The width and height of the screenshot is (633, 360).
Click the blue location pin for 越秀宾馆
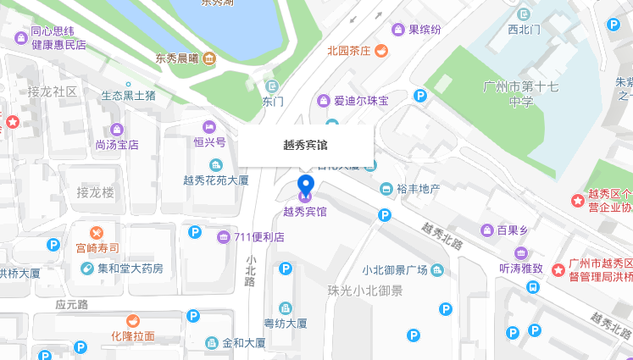click(306, 185)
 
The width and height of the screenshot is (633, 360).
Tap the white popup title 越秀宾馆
click(305, 145)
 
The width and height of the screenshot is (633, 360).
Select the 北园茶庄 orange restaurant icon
click(381, 51)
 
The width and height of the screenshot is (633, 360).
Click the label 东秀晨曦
click(176, 58)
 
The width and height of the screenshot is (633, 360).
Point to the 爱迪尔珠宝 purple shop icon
click(322, 101)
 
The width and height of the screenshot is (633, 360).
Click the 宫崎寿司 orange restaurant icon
click(97, 231)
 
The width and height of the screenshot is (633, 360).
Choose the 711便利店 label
click(258, 236)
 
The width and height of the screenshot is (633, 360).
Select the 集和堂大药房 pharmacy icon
click(86, 269)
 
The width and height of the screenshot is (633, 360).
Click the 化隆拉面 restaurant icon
click(133, 320)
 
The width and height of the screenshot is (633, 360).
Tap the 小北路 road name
click(251, 270)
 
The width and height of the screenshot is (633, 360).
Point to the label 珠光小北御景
click(365, 291)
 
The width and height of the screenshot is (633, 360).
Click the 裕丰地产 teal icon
click(386, 188)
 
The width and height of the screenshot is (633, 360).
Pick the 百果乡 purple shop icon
click(487, 230)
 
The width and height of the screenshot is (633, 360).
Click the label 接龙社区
click(53, 91)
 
